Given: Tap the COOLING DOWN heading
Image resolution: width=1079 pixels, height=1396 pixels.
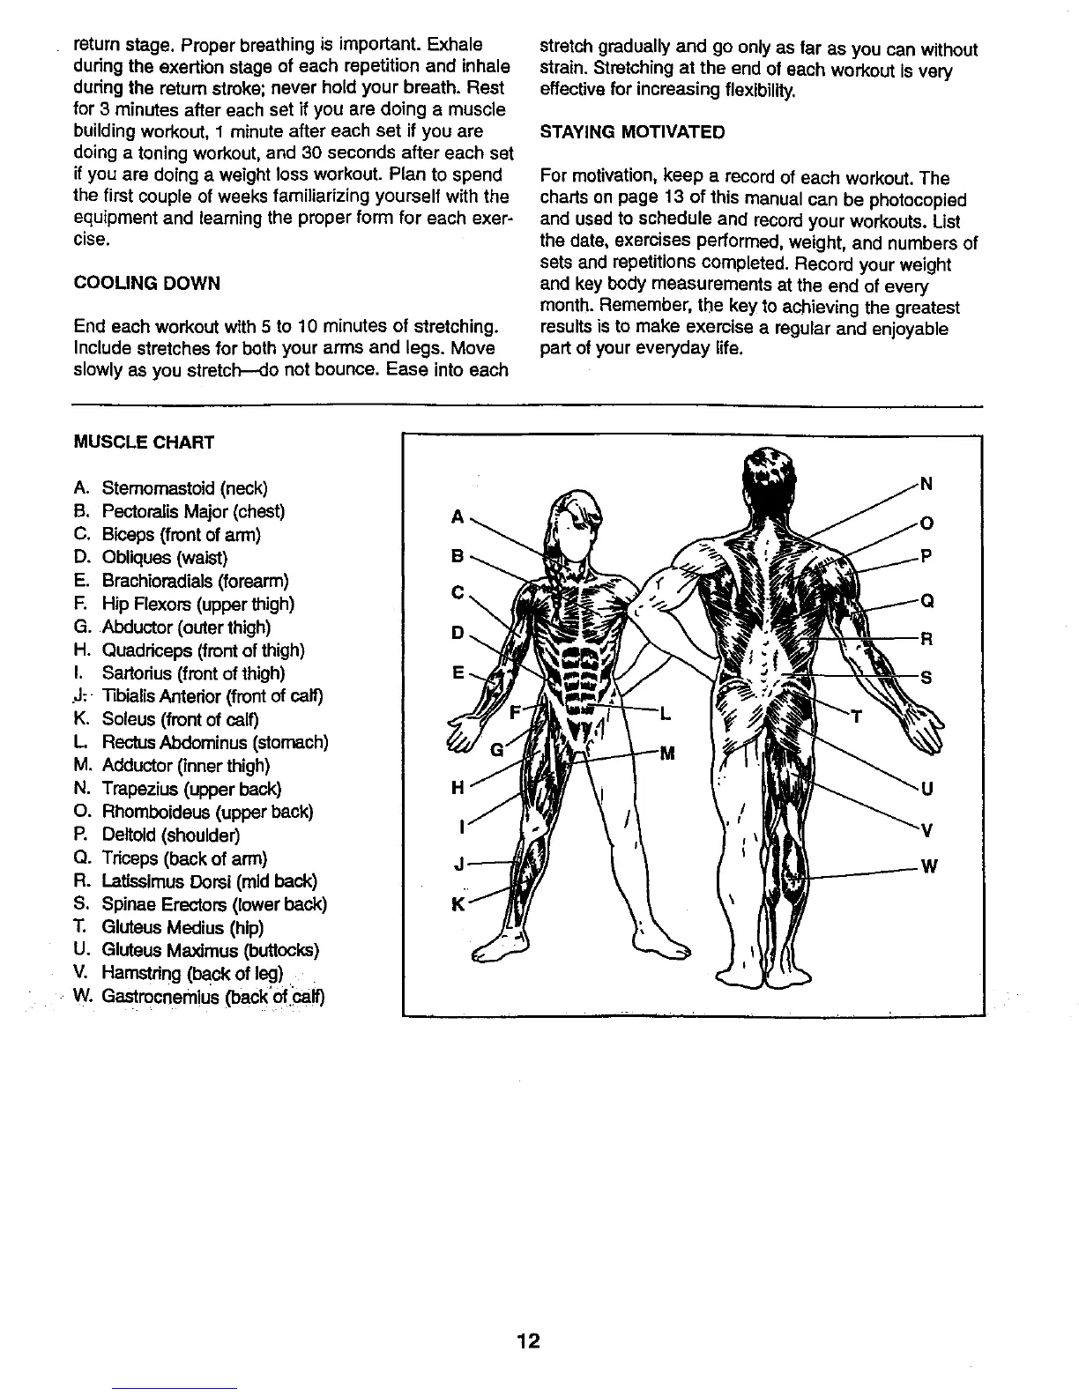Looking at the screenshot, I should tap(147, 283).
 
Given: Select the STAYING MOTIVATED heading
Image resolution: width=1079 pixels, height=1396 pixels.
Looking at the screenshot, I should tap(632, 132).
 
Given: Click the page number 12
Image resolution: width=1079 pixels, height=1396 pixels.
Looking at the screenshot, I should tap(529, 1341).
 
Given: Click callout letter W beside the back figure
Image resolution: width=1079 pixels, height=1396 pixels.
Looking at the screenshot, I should tap(928, 867).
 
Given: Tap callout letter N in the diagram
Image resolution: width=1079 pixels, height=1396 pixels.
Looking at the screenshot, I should tap(926, 484).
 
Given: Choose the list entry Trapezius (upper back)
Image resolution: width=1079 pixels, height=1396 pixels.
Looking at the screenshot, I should tap(178, 789).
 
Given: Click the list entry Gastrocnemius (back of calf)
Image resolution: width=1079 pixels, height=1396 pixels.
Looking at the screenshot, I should tap(201, 997).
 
